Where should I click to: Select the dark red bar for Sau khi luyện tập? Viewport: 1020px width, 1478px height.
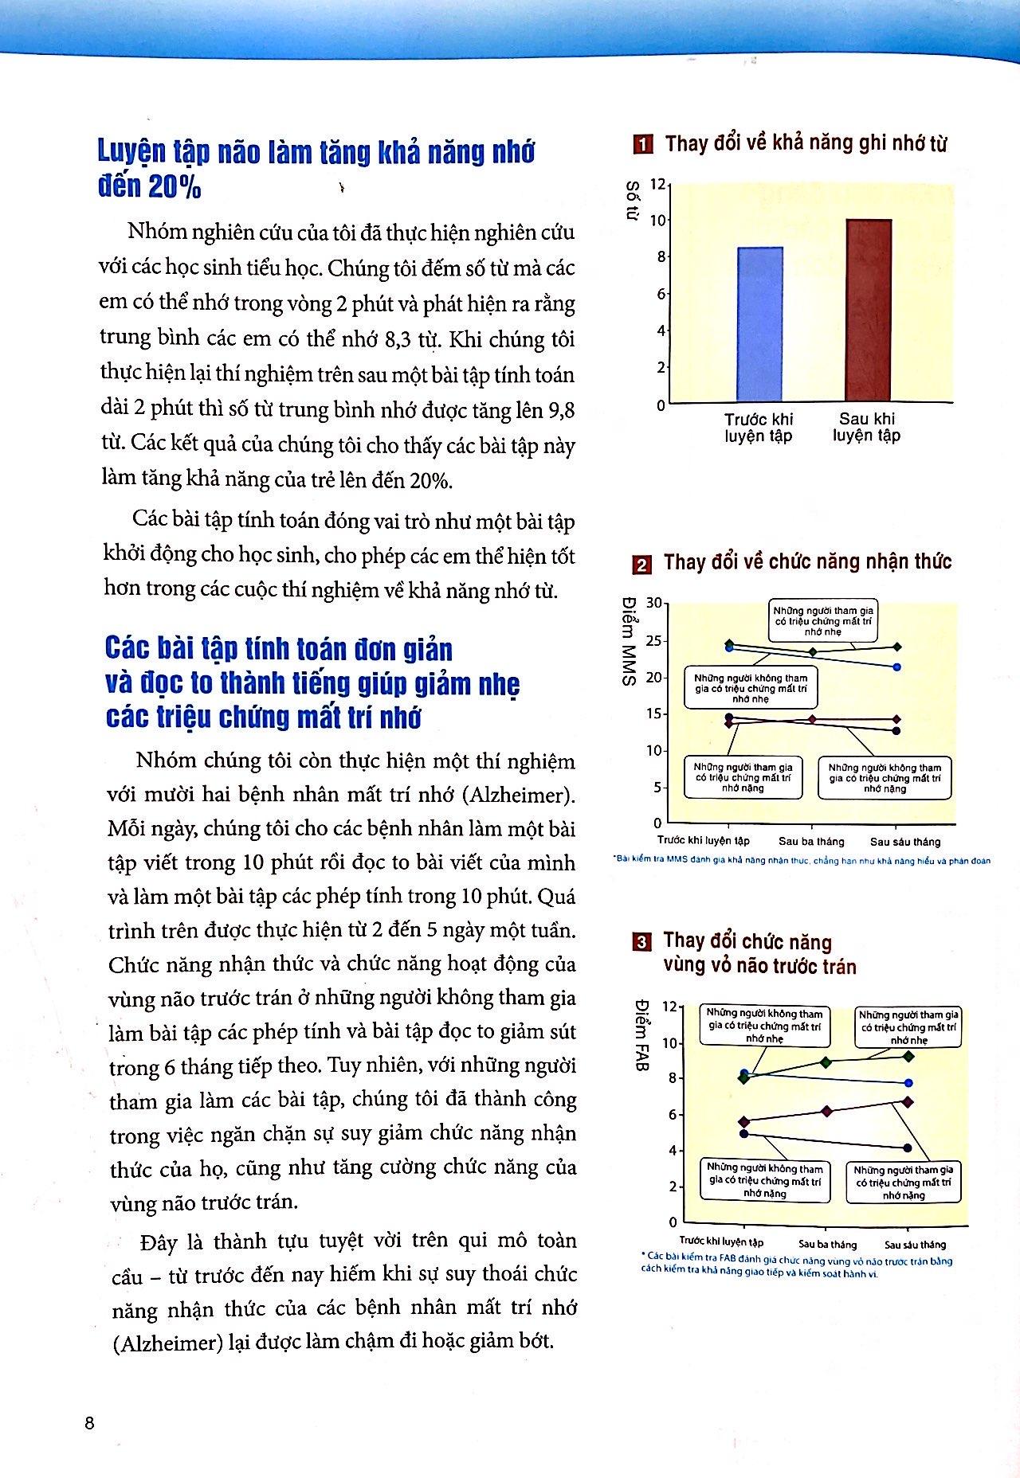point(868,311)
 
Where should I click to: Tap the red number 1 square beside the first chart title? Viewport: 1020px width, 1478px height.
point(642,145)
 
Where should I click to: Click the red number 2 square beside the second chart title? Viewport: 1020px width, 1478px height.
point(641,565)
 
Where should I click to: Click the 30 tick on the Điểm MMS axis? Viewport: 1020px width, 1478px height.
point(653,603)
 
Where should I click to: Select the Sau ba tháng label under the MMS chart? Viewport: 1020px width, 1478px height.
point(811,841)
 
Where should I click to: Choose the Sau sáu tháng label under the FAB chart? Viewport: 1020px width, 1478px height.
point(915,1244)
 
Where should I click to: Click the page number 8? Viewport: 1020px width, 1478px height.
point(89,1422)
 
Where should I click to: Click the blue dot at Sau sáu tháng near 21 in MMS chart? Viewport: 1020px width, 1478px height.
point(896,667)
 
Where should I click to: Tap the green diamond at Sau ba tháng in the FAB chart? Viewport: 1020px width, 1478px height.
point(826,1062)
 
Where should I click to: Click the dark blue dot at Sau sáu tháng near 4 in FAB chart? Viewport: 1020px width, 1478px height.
point(907,1148)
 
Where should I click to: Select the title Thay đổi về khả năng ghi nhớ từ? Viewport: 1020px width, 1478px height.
point(806,144)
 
